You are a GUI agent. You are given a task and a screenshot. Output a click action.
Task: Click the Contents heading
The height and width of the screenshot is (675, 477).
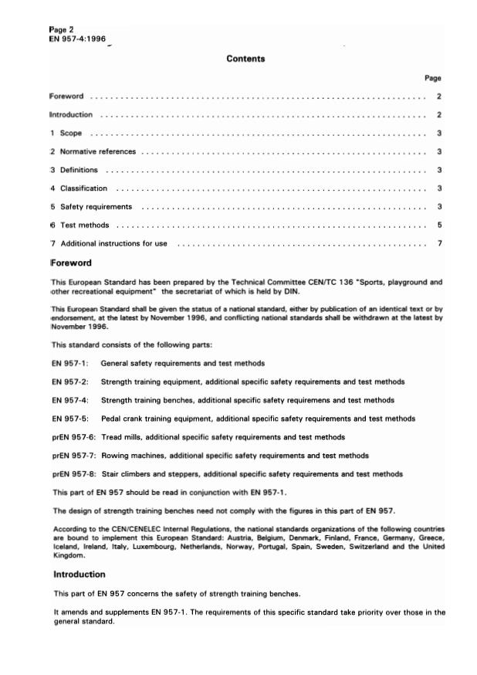click(x=245, y=59)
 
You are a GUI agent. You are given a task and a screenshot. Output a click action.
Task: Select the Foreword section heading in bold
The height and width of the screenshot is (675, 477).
click(x=72, y=263)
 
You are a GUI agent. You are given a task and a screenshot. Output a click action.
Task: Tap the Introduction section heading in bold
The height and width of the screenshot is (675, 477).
click(x=79, y=575)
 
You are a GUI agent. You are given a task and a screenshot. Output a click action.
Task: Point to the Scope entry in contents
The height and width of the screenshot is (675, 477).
click(x=71, y=134)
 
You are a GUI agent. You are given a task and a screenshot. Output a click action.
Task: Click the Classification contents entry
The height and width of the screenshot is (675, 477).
click(x=83, y=188)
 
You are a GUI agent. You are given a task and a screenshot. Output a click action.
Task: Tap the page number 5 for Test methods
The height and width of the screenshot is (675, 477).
click(x=438, y=226)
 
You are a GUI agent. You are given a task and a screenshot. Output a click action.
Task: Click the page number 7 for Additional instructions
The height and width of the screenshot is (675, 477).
click(x=438, y=244)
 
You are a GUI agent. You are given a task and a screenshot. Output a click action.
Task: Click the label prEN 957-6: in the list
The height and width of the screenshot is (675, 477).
click(x=74, y=437)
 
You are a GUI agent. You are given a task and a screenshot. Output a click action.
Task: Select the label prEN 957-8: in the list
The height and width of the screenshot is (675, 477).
click(x=74, y=473)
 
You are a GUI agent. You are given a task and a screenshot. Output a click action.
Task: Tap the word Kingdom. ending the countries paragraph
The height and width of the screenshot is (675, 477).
click(x=69, y=555)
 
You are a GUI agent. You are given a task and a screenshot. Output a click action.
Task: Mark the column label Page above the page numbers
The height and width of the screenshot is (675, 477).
click(x=433, y=78)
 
